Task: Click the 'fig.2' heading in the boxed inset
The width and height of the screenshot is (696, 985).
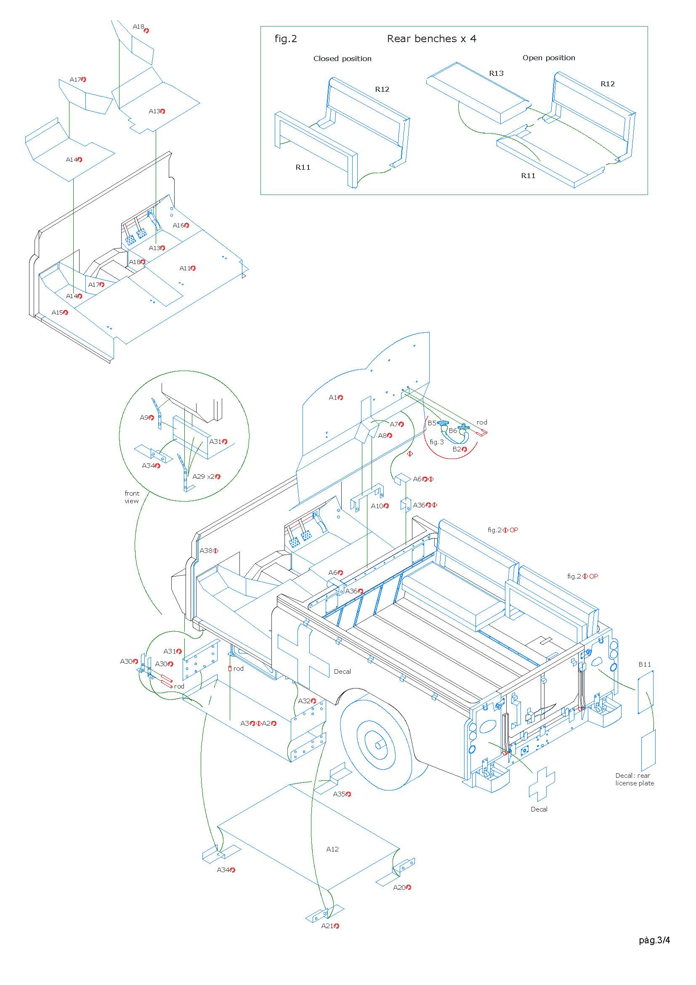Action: tap(285, 39)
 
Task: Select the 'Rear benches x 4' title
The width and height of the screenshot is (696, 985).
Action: tap(431, 39)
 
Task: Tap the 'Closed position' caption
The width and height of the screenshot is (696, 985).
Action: tap(342, 59)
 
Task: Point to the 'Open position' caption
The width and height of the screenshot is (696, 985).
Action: tap(548, 58)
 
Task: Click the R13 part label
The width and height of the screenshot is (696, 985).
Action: tap(496, 73)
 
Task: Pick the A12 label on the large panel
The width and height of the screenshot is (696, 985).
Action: tap(332, 849)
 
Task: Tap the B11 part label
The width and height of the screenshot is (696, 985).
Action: tap(645, 665)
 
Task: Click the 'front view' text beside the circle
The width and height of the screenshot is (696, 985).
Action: tap(132, 497)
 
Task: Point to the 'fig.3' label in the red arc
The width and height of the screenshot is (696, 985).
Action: tap(437, 442)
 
